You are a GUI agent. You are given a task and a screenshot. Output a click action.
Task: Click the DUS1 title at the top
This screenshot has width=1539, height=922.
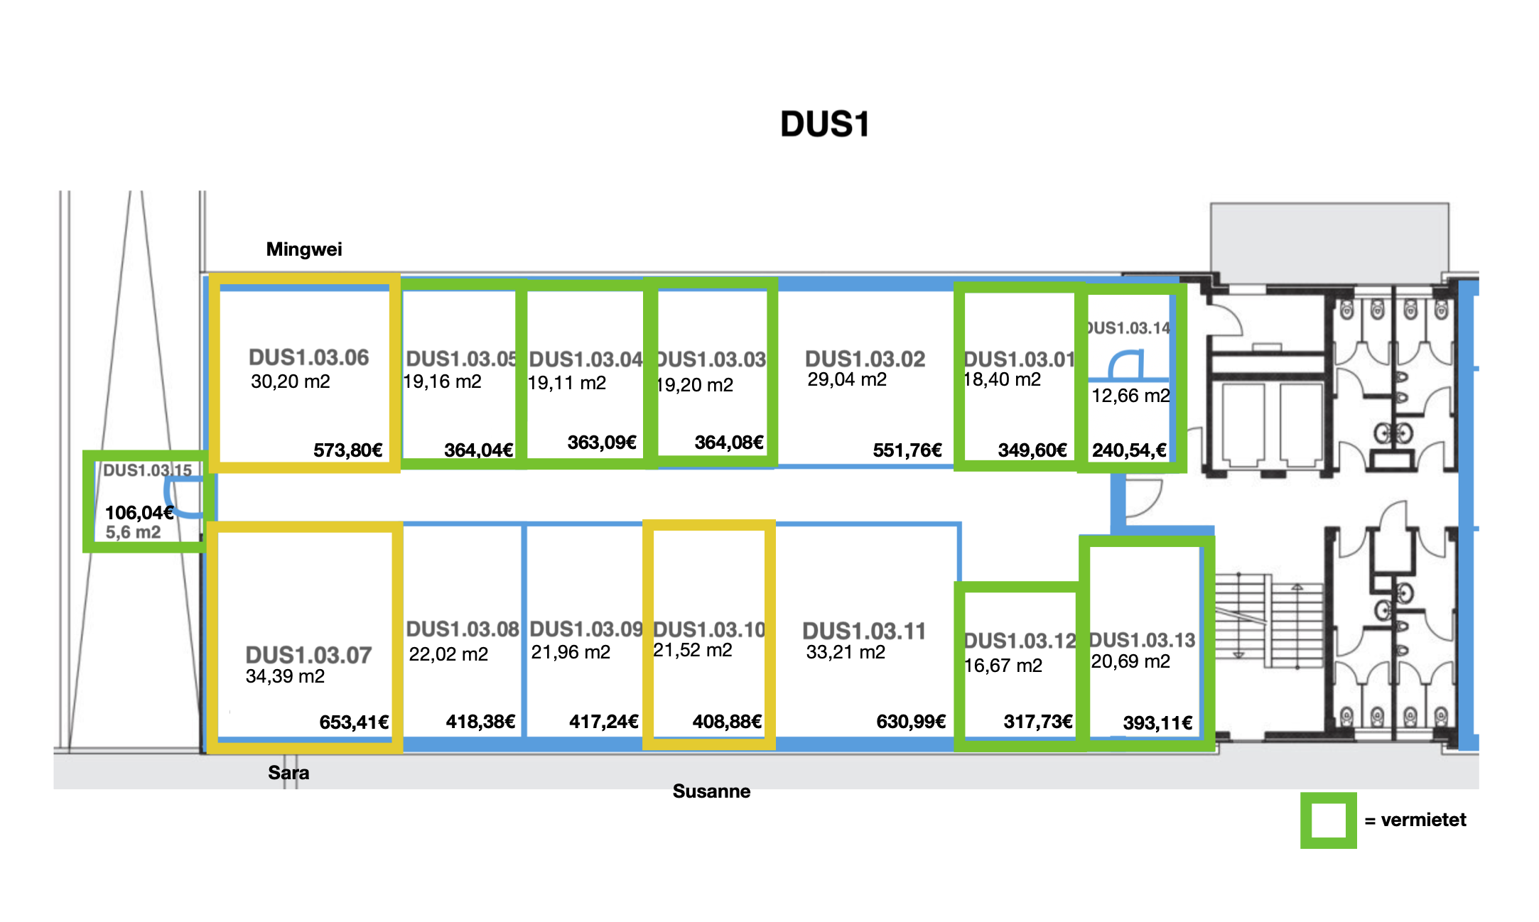click(x=824, y=124)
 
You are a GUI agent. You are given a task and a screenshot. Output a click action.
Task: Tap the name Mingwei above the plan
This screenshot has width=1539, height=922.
click(x=304, y=249)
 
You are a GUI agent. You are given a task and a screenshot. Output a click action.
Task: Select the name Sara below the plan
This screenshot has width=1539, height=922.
click(x=288, y=773)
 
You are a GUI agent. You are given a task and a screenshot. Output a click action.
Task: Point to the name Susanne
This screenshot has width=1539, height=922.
click(x=711, y=791)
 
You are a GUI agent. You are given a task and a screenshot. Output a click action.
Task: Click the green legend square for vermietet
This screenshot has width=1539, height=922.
click(x=1328, y=820)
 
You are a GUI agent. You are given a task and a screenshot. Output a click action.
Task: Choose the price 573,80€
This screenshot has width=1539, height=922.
click(x=348, y=450)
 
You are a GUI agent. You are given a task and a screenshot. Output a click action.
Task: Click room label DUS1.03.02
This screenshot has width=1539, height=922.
click(x=865, y=359)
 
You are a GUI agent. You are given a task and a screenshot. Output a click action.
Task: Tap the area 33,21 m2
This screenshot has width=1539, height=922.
click(x=846, y=652)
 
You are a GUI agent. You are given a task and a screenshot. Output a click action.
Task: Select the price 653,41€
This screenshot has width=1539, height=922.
click(x=354, y=722)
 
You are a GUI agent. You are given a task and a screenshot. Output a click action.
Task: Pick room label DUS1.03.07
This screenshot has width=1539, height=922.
click(x=308, y=655)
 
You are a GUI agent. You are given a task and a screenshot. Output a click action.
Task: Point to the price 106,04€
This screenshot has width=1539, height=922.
click(x=139, y=513)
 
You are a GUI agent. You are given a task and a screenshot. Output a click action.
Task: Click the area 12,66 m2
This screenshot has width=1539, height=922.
click(x=1130, y=396)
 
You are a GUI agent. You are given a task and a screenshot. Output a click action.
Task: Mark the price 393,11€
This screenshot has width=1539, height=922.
click(x=1157, y=723)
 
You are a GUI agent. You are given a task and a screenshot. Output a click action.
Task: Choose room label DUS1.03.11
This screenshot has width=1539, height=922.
click(x=864, y=631)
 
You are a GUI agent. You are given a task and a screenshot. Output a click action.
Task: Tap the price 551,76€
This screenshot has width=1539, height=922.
click(x=907, y=450)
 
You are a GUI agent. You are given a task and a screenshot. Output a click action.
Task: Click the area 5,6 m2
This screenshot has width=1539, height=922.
click(x=134, y=532)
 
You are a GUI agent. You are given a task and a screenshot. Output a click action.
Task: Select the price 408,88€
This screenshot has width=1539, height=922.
click(x=727, y=722)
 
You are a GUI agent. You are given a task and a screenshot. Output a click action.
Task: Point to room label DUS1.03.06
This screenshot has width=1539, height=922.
click(x=308, y=357)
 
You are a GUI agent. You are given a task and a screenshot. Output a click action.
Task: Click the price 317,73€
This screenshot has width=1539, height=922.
click(x=1038, y=722)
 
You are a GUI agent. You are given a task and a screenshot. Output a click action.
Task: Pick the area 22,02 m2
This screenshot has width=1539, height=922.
click(x=448, y=654)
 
